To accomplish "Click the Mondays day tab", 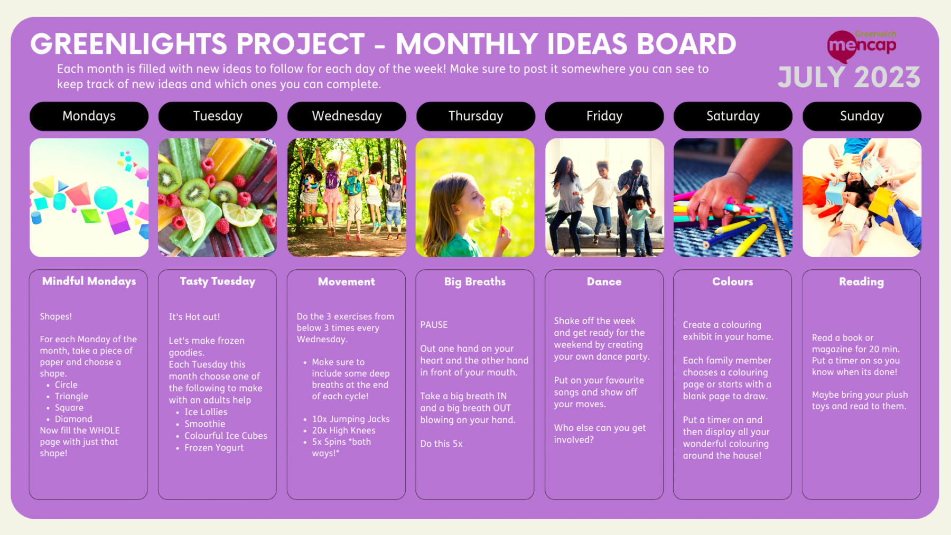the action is tap(89, 116).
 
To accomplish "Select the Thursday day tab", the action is tap(475, 116).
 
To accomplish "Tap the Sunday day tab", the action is tap(862, 116).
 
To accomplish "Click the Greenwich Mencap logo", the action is tap(862, 45).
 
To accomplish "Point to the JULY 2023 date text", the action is tap(849, 78).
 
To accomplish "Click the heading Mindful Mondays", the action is tap(89, 281).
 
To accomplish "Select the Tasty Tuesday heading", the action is tap(218, 281).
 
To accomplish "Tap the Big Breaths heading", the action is tap(475, 282).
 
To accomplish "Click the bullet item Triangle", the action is tap(71, 396).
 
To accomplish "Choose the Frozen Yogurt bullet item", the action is tap(214, 448).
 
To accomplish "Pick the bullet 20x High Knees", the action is tap(343, 430).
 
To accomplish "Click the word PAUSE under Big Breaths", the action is tap(434, 325).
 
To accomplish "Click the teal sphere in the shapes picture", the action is tap(106, 198).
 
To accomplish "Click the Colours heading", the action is tap(732, 282).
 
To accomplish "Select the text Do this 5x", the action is tap(441, 444).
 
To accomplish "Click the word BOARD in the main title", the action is tap(687, 44).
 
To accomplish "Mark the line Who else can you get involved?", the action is tap(600, 434).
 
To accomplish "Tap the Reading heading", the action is tap(861, 282).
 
